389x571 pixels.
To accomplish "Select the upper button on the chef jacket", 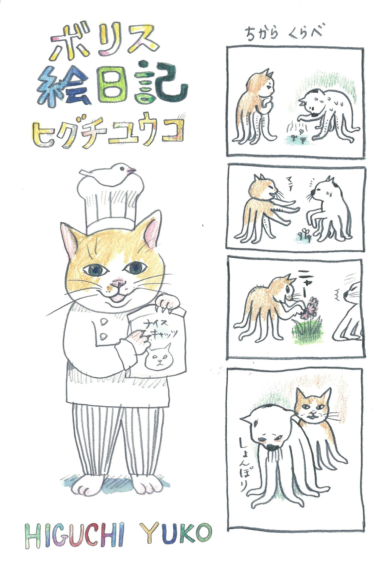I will (105, 322).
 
